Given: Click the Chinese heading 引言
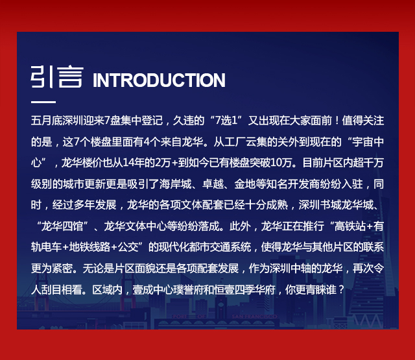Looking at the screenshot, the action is (57, 77).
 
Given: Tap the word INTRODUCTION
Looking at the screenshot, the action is (159, 80).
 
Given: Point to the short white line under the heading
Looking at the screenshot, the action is (43, 102).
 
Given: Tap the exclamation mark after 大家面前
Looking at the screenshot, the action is (337, 121).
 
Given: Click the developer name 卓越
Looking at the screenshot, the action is (213, 184).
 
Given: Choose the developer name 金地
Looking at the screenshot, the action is (245, 184).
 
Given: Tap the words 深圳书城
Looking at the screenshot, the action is (320, 205).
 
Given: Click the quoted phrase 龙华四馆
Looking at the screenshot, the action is (62, 226).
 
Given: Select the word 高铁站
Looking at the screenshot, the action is (350, 226).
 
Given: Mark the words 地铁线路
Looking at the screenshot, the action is (89, 247).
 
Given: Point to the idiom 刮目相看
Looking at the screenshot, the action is (62, 289).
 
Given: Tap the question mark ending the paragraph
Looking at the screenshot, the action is (341, 289).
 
